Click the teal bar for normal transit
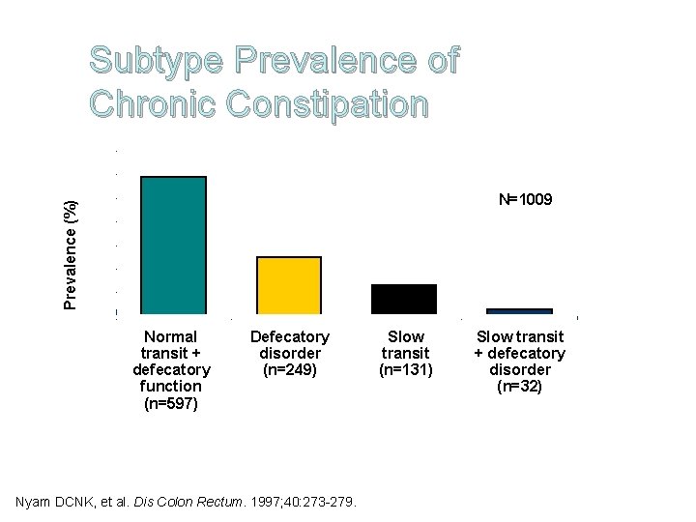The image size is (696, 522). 173,246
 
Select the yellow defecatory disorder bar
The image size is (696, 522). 288,285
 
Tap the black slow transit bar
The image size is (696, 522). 404,299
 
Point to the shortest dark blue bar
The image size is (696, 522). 519,311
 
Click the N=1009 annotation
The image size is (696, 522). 525,200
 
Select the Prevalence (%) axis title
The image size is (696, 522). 71,255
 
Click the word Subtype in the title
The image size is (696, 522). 155,61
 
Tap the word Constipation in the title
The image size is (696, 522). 326,103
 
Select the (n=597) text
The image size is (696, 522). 170,403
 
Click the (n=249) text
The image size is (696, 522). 289,369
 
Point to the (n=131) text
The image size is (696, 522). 405,369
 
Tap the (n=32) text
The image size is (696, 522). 519,387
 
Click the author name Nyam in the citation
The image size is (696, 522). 37,502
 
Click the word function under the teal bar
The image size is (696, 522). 170,386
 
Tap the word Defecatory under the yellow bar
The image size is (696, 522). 289,336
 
